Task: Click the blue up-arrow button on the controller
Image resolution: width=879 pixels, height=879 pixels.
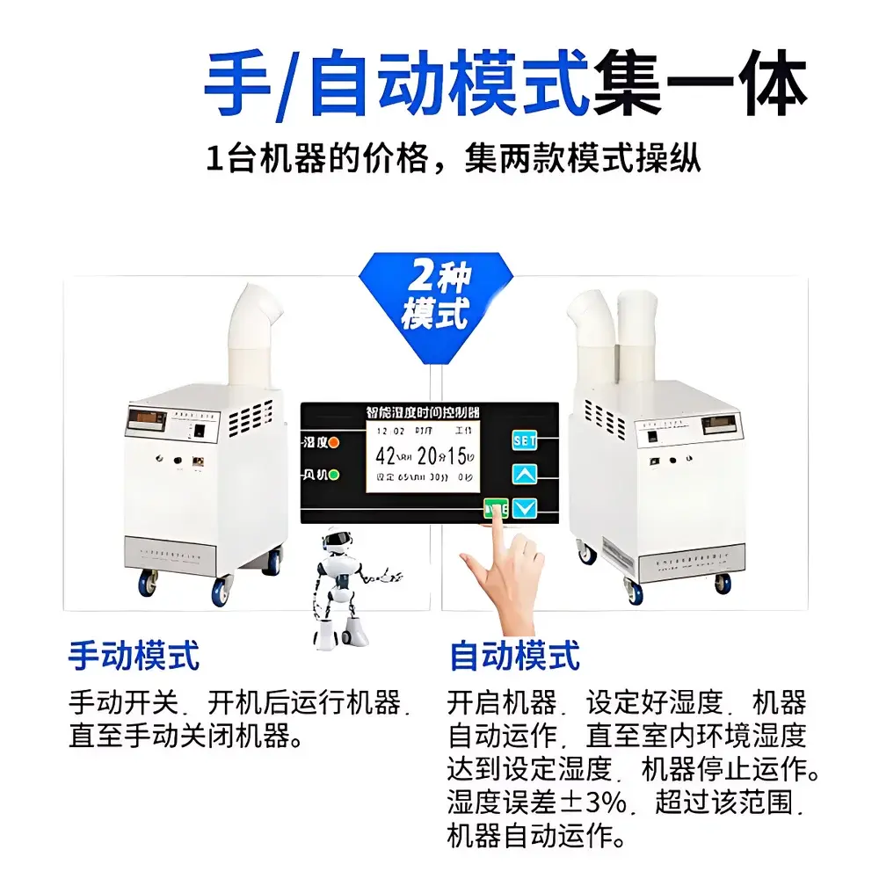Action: coord(525,475)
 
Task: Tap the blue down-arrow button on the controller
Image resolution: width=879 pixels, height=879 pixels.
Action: coord(525,508)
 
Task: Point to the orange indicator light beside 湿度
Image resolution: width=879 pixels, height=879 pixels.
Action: coord(334,442)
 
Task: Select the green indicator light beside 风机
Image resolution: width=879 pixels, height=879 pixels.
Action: coord(334,476)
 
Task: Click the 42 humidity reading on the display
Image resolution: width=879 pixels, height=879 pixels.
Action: coord(386,455)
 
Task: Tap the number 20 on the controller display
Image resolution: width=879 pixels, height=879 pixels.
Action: coord(428,455)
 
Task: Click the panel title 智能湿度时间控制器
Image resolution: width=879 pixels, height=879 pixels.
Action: coord(429,412)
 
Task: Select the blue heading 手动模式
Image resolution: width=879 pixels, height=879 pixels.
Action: coord(134,656)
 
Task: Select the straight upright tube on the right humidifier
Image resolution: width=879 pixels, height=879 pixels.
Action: coord(638,338)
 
